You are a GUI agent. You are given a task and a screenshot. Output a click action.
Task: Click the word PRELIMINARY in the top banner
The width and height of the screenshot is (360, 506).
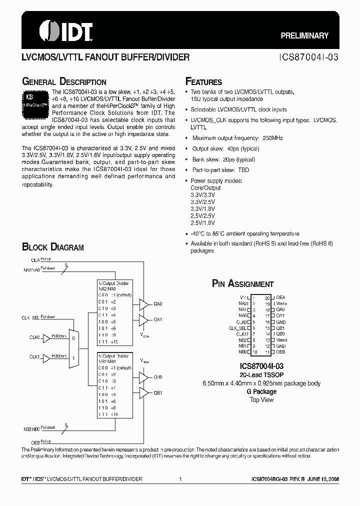304,35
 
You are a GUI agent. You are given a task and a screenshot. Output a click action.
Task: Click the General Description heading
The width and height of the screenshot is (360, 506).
64,81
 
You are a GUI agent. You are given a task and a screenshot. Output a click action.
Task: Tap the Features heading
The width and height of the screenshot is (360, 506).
203,81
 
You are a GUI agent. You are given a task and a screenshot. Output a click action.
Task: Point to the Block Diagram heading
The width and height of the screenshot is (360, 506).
52,247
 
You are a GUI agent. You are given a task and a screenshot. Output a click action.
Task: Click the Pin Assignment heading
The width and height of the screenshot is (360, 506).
243,283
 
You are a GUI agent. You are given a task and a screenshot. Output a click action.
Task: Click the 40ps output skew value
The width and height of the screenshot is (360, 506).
234,148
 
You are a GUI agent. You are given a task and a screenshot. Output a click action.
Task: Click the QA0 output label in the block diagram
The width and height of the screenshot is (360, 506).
158,304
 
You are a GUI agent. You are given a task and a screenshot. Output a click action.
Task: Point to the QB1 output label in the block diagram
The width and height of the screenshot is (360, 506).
158,392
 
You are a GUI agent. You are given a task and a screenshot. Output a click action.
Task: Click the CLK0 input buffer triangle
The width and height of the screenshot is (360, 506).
47,338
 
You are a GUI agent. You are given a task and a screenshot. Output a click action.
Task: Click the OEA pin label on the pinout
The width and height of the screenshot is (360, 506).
280,297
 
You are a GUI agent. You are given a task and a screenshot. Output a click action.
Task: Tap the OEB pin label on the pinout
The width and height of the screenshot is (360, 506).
280,352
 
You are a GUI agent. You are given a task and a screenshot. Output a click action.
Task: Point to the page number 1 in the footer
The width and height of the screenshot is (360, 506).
180,479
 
